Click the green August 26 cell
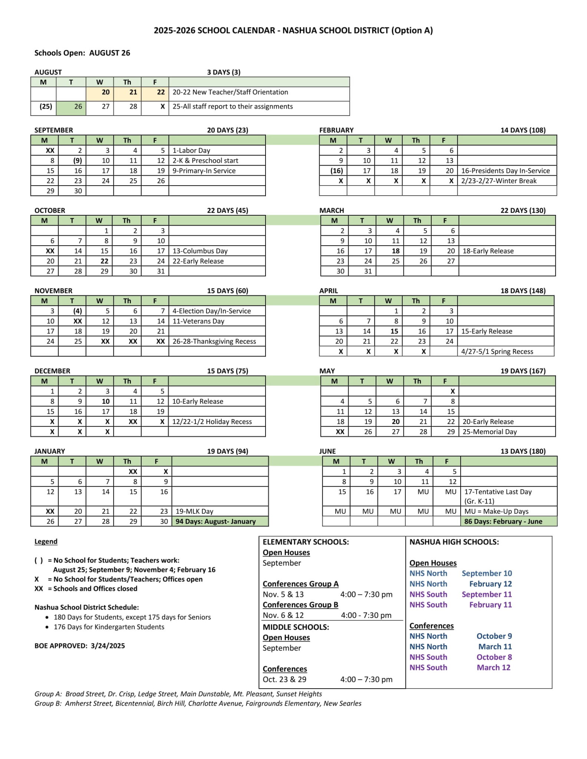pos(71,107)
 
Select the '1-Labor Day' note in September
pos(191,150)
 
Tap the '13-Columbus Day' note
pos(200,251)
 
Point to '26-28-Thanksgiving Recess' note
pos(214,341)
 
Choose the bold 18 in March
pos(395,251)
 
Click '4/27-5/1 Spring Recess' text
pos(497,352)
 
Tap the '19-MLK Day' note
pos(194,511)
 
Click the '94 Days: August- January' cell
pos(216,521)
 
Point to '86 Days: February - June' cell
pos(503,521)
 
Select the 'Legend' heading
pos(46,541)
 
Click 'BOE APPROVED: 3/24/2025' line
pos(80,646)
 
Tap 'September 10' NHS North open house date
pos(487,573)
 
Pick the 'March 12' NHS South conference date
pos(493,667)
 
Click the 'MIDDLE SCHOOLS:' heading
pos(296,627)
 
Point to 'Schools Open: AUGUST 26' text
pos(82,53)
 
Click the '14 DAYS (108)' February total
pos(523,130)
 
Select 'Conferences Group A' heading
pos(300,584)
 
